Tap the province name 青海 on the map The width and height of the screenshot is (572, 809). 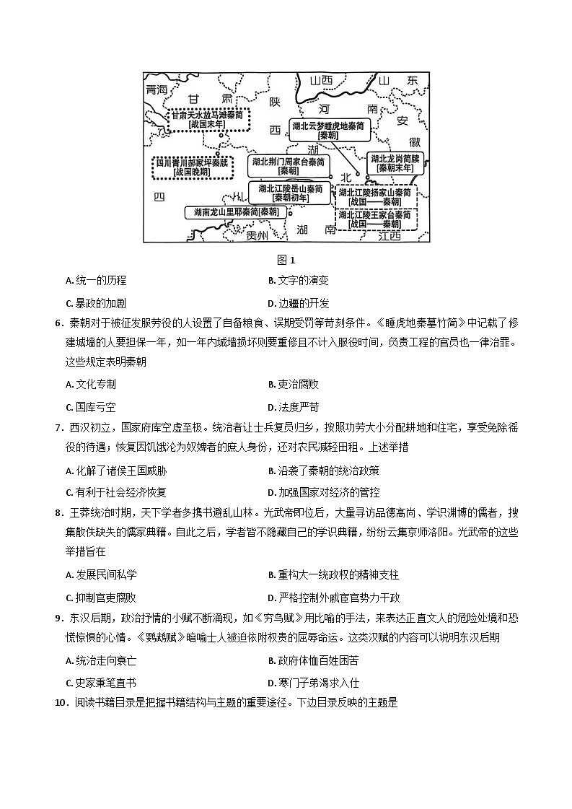point(156,89)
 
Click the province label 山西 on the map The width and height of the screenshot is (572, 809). point(321,81)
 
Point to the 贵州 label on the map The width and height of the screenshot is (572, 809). point(257,236)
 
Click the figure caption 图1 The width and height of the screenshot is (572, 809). point(286,261)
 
